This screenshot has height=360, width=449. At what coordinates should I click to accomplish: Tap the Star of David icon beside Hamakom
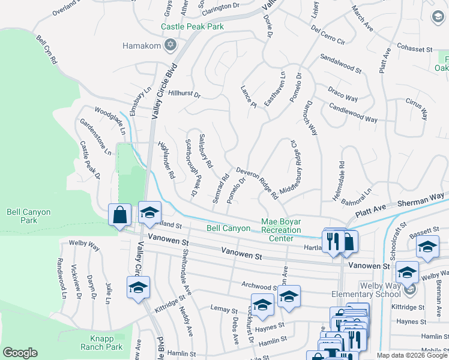pyautogui.click(x=170, y=45)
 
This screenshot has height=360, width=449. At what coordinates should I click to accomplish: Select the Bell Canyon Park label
pyautogui.click(x=28, y=217)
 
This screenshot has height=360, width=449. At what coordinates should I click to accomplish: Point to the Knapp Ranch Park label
pyautogui.click(x=101, y=342)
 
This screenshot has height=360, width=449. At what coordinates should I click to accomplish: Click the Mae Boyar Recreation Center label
pyautogui.click(x=281, y=230)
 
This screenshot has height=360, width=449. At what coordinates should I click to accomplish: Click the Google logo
pyautogui.click(x=20, y=353)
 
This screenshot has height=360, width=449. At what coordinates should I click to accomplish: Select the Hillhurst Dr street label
pyautogui.click(x=184, y=94)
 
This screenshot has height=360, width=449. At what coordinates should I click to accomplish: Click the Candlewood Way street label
pyautogui.click(x=354, y=112)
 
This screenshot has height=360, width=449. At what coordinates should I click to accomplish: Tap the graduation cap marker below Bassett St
pyautogui.click(x=427, y=248)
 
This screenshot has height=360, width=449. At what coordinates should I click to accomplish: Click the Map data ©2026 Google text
pyautogui.click(x=411, y=355)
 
